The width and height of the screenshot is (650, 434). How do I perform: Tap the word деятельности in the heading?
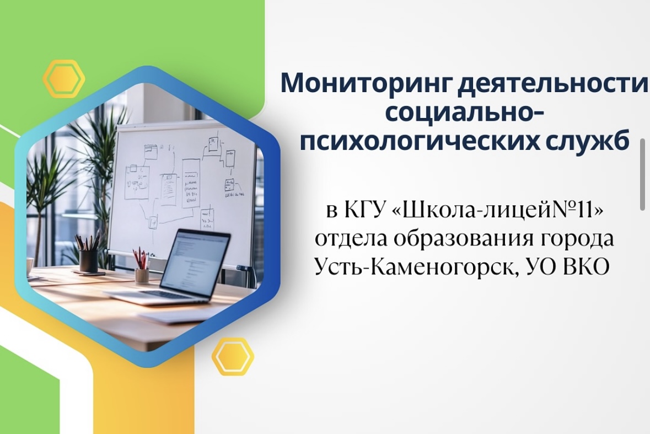(552, 84)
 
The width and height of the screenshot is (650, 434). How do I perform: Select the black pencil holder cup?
(88, 261)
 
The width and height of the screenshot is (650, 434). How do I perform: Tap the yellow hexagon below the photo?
(233, 356)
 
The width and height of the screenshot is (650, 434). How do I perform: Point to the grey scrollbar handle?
(642, 174)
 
